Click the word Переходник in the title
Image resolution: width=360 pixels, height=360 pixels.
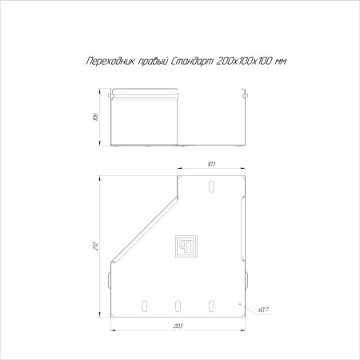click(110, 62)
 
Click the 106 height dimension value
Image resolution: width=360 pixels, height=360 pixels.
click(96, 117)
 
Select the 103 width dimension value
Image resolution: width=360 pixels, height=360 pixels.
click(211, 164)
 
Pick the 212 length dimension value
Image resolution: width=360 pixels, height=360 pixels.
click(96, 246)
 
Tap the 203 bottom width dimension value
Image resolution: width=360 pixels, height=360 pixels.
click(178, 326)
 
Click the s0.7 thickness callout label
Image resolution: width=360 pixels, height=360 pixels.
click(263, 310)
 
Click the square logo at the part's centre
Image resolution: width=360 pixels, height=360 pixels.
click(186, 246)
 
